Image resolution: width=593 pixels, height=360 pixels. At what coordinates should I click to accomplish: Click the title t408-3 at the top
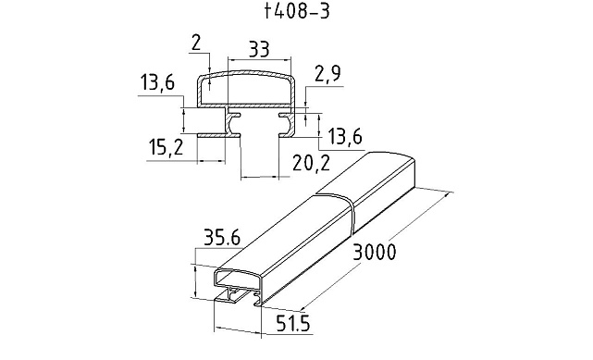(297, 11)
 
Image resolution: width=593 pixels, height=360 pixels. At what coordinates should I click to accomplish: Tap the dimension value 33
(259, 49)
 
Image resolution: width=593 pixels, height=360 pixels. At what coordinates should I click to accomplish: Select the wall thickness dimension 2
(197, 43)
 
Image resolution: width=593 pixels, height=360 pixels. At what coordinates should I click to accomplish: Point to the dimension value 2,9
(327, 74)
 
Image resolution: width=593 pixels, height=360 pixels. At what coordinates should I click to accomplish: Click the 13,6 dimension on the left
(157, 83)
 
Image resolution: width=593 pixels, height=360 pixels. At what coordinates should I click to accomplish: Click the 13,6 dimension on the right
(345, 137)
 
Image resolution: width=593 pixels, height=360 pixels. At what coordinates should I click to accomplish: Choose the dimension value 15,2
(166, 147)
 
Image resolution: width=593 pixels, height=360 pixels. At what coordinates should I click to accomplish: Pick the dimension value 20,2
(311, 163)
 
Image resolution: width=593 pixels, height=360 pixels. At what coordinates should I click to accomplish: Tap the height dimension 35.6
(222, 238)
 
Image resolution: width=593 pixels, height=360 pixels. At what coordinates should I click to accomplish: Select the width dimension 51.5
(293, 324)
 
